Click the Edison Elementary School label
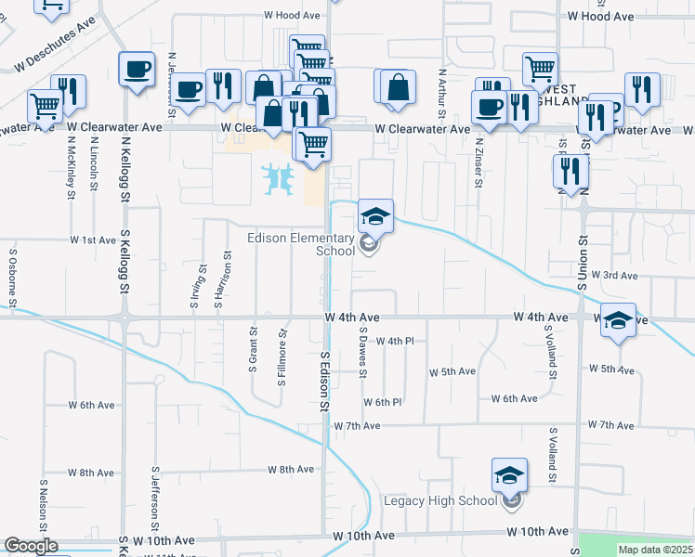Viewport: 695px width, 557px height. pos(302,244)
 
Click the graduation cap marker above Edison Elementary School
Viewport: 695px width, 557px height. pos(375,217)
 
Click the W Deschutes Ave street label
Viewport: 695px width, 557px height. pos(56,56)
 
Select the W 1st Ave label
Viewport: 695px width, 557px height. pos(93,240)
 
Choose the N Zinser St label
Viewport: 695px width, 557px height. pos(479,162)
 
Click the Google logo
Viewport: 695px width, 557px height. pos(31,547)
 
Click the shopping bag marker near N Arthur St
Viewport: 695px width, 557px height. pos(397,87)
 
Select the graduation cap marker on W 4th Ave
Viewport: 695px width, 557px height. pos(618,321)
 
